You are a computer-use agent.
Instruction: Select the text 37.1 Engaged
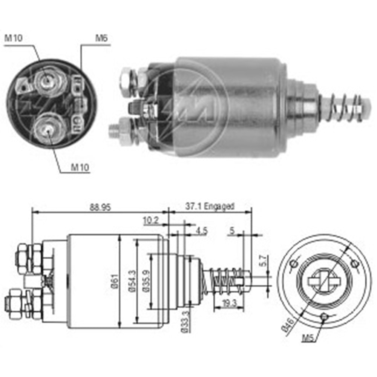(x=209, y=206)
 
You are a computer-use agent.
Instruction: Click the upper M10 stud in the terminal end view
(x=46, y=80)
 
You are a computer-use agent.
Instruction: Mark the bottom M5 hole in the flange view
(x=323, y=317)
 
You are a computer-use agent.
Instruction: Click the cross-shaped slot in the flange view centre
(x=324, y=282)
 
